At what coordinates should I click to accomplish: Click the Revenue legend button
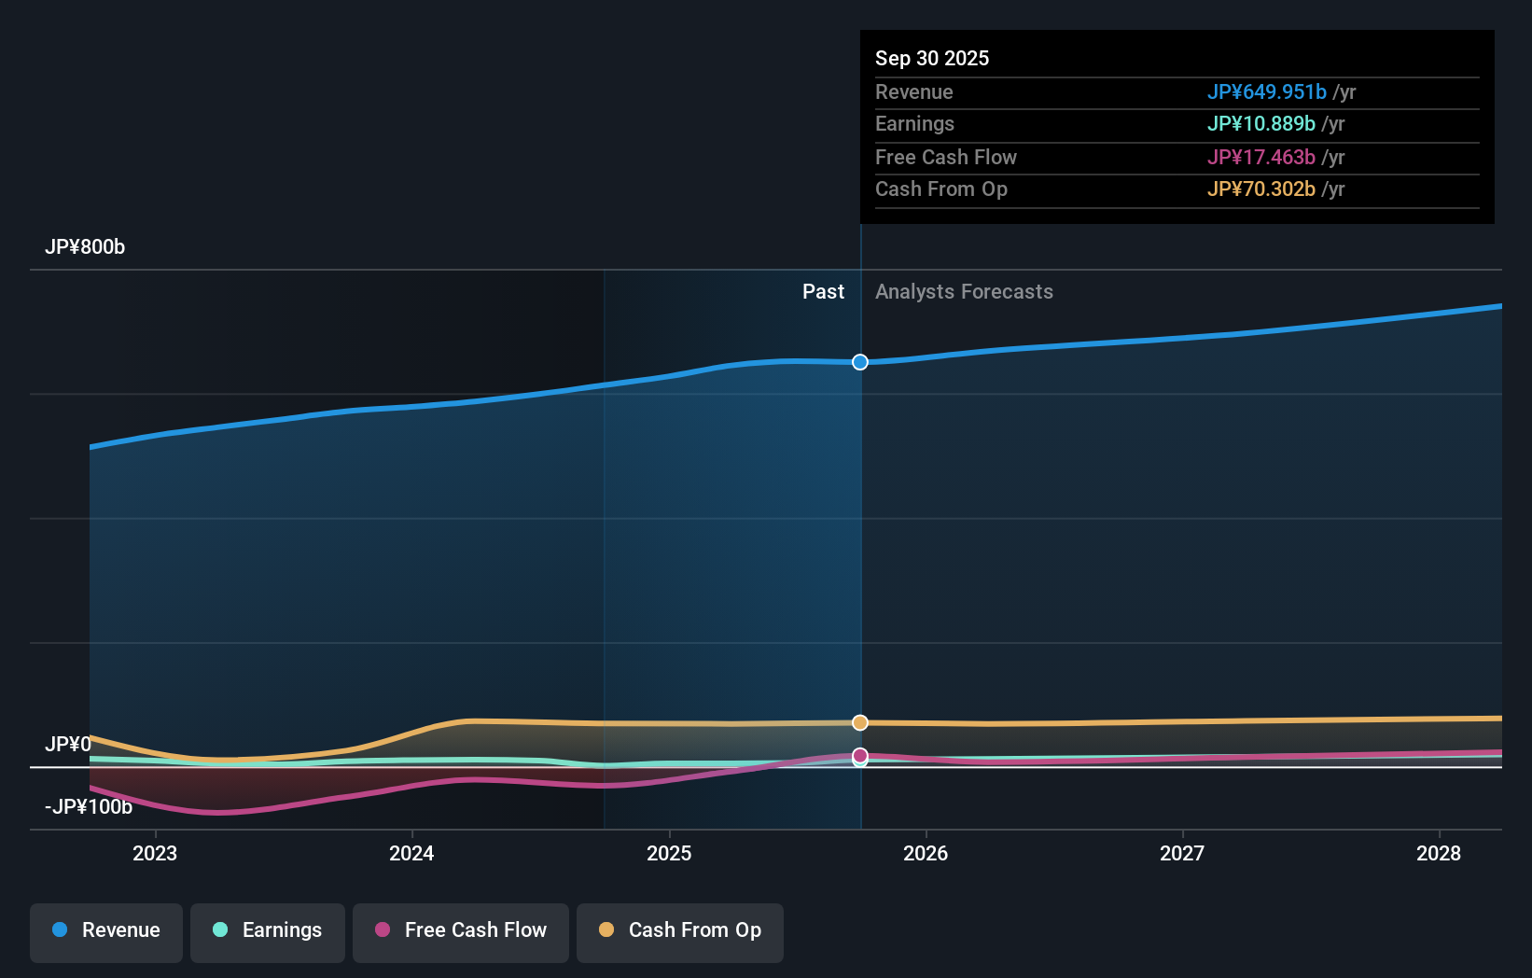tap(106, 930)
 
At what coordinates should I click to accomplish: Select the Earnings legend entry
tap(268, 930)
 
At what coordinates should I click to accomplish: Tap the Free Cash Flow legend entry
tap(461, 930)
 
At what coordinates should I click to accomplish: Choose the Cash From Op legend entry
tap(680, 930)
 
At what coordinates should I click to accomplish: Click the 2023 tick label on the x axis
tap(155, 853)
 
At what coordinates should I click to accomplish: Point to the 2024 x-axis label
tap(411, 853)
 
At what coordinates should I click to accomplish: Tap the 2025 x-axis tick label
tap(669, 853)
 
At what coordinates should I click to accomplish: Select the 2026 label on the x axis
tap(926, 853)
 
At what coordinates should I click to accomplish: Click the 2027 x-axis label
tap(1182, 853)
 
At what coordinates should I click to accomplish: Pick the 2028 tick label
tap(1439, 853)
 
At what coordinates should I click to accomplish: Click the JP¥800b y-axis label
tap(85, 247)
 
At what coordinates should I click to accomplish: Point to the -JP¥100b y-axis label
tap(89, 807)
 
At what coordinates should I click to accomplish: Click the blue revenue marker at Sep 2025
tap(860, 362)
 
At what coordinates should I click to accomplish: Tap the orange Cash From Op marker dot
tap(860, 722)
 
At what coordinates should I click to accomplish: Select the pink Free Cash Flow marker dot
tap(860, 755)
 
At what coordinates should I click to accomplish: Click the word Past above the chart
tap(823, 292)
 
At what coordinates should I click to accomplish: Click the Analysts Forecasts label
tap(964, 292)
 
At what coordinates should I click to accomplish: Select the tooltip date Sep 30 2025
tap(932, 59)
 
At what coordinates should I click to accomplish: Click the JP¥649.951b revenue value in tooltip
tap(1266, 92)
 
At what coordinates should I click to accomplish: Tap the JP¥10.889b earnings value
tap(1260, 124)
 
